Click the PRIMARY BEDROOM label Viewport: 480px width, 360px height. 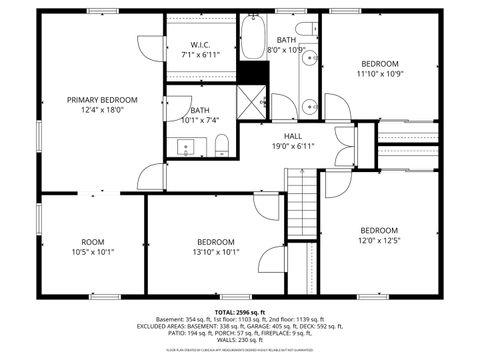pyautogui.click(x=102, y=100)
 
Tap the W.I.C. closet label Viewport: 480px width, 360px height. pyautogui.click(x=200, y=45)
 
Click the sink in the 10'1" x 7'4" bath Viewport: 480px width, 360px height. pyautogui.click(x=187, y=149)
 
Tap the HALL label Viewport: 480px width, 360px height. pyautogui.click(x=292, y=136)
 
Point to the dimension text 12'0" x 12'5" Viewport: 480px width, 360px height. pyautogui.click(x=379, y=239)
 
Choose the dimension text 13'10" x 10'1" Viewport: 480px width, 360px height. pyautogui.click(x=215, y=252)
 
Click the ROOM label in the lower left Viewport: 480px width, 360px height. pyautogui.click(x=93, y=241)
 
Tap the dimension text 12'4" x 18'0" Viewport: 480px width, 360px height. pyautogui.click(x=102, y=110)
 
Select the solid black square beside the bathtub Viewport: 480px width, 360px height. pyautogui.click(x=254, y=74)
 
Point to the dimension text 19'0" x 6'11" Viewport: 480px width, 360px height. pyautogui.click(x=292, y=146)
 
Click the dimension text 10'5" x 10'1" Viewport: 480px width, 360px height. pyautogui.click(x=93, y=252)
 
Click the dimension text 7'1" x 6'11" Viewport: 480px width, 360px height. pyautogui.click(x=200, y=56)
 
